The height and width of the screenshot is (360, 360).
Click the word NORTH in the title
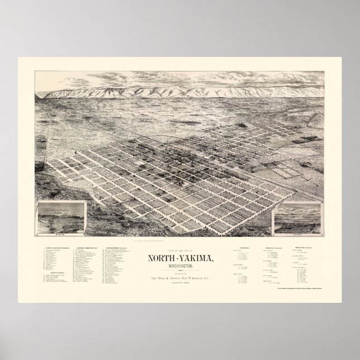pyautogui.click(x=160, y=242)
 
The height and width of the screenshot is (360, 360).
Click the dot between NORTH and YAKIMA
pyautogui.click(x=175, y=243)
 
